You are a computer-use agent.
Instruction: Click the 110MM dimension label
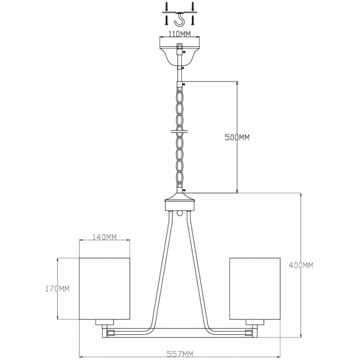(x=180, y=34)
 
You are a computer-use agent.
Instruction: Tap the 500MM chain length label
(x=237, y=137)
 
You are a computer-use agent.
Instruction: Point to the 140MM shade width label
(x=104, y=237)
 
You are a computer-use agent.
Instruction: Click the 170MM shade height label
(x=57, y=288)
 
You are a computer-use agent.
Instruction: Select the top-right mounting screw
(x=193, y=6)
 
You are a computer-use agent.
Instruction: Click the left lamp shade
(x=104, y=288)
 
